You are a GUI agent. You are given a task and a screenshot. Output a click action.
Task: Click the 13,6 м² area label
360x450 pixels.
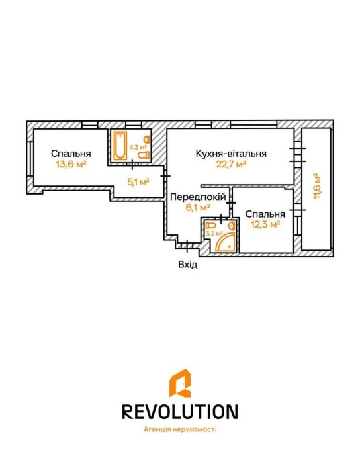click(71, 165)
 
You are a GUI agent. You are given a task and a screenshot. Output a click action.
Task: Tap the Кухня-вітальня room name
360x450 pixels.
click(231, 154)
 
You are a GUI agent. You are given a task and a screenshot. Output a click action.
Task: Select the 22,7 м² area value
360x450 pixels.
click(231, 164)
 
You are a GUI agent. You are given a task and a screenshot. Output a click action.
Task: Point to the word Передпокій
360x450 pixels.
click(198, 197)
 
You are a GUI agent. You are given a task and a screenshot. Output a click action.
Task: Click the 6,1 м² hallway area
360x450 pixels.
click(198, 208)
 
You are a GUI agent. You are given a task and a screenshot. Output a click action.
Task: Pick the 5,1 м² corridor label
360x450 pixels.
click(138, 181)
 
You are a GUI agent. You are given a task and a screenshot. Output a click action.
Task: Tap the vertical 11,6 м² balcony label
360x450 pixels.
click(316, 186)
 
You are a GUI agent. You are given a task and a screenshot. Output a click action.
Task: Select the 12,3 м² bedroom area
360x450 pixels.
click(265, 224)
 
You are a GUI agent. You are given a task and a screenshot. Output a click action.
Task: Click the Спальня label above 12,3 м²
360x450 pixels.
click(265, 214)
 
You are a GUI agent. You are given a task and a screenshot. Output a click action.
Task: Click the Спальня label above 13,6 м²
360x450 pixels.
click(71, 154)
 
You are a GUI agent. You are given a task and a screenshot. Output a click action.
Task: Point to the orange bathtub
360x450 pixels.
click(120, 146)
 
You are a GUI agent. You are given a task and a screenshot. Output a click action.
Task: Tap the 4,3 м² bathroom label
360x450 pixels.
click(138, 148)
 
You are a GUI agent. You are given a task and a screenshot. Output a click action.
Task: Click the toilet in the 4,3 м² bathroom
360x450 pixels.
click(144, 155)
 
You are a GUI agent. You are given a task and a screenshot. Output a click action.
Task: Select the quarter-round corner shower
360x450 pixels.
click(225, 241)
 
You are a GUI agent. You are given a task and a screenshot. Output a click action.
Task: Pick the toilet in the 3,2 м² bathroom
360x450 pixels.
click(211, 225)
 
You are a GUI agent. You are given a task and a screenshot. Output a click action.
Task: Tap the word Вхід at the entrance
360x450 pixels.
click(188, 264)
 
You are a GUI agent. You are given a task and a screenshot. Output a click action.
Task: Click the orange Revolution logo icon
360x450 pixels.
click(180, 383)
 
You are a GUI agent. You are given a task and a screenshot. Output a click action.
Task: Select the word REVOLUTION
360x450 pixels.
click(180, 412)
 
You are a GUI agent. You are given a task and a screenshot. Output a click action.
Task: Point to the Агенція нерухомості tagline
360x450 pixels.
click(180, 430)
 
